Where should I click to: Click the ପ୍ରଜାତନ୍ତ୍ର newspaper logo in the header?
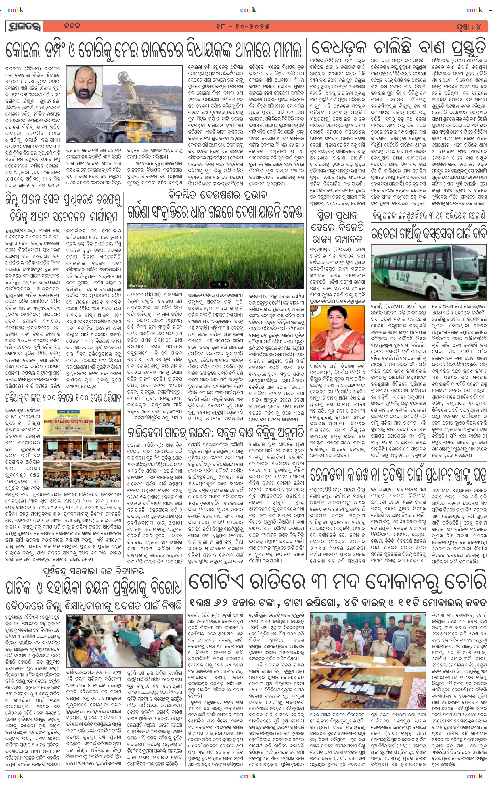(x=24, y=27)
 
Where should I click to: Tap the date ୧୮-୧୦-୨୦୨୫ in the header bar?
(x=243, y=27)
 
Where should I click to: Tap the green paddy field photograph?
(x=215, y=256)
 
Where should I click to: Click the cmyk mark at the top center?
(x=248, y=10)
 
